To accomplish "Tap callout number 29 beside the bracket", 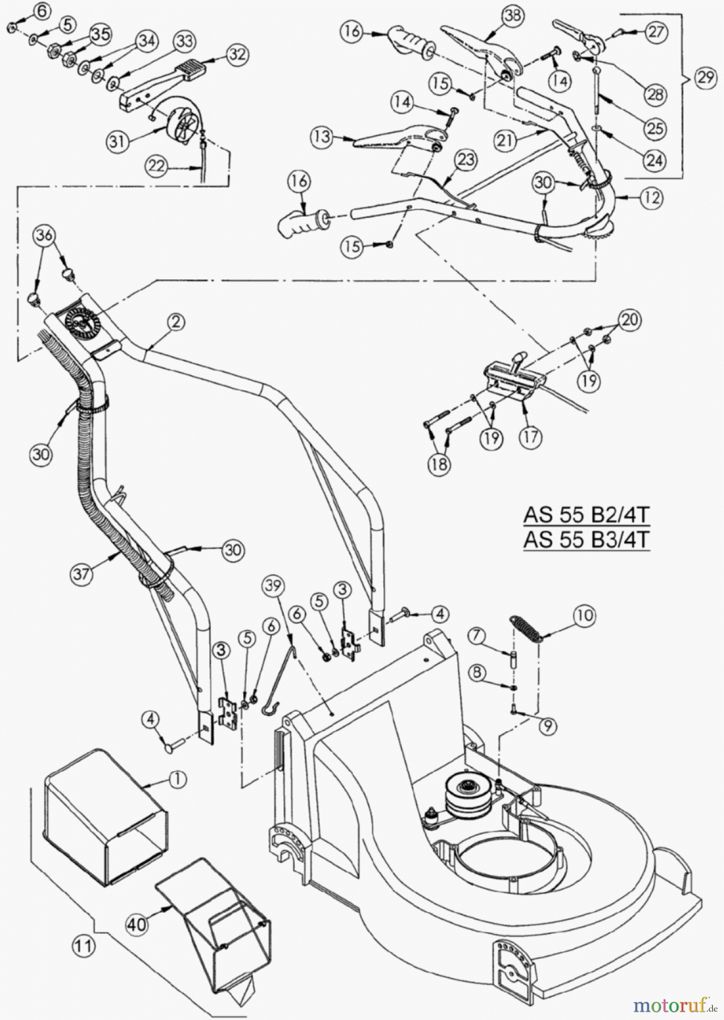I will tap(705, 76).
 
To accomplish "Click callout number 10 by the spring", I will tap(585, 614).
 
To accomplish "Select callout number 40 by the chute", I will tap(137, 924).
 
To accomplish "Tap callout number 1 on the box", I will tap(177, 779).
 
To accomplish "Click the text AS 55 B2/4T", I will tap(586, 516).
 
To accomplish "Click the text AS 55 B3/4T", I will tap(586, 539).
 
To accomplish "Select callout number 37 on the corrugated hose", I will tap(82, 573).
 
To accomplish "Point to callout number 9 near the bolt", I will tap(547, 727).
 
